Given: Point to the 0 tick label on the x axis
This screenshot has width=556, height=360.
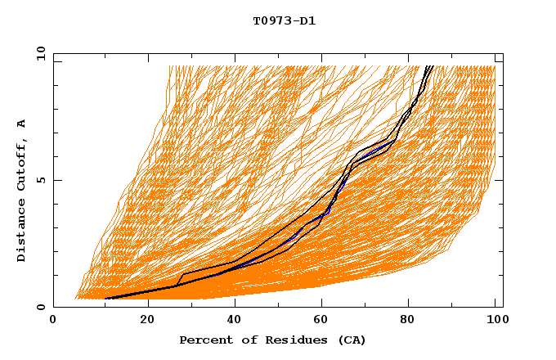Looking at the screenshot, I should [x=53, y=321].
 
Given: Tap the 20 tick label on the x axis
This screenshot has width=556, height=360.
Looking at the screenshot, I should [x=147, y=321].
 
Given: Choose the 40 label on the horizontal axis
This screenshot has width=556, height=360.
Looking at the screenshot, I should [x=235, y=321].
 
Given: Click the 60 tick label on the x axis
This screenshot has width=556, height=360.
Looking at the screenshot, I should [x=324, y=321].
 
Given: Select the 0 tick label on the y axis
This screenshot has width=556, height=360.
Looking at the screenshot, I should [x=40, y=308].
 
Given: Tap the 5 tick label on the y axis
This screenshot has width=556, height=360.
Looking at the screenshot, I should [x=40, y=180].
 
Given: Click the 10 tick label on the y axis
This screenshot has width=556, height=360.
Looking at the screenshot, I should [x=40, y=53].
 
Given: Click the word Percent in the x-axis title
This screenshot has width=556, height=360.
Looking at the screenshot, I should [x=204, y=340].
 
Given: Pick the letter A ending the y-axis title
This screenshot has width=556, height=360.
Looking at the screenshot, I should [x=22, y=124].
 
